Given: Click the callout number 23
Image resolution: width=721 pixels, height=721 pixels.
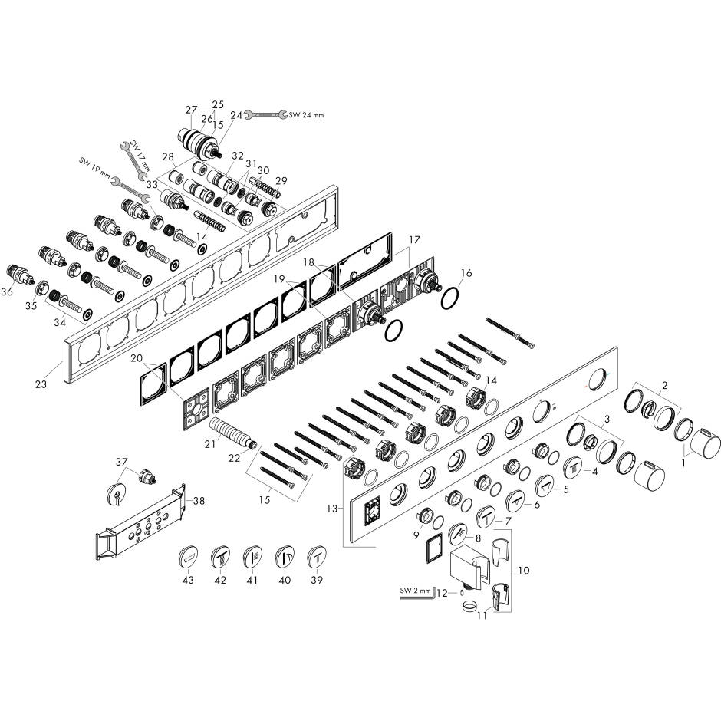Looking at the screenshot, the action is [41, 384].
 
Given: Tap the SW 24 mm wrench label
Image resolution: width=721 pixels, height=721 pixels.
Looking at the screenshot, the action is [306, 115].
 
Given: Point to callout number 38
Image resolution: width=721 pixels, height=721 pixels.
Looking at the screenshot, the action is [199, 501].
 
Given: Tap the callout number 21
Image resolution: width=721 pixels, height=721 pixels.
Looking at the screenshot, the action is [210, 445].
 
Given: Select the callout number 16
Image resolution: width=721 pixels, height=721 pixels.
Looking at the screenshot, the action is [466, 273].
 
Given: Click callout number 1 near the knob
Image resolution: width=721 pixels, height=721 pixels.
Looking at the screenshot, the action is [683, 463].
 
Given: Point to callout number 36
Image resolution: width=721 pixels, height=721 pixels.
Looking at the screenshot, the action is [7, 291].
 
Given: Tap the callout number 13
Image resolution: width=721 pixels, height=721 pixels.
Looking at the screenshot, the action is [332, 509].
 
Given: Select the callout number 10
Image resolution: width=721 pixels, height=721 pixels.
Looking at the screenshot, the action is [524, 571].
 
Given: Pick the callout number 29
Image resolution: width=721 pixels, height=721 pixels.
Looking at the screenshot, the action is [281, 181].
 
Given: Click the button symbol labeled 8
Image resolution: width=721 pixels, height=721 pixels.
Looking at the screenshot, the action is [457, 535].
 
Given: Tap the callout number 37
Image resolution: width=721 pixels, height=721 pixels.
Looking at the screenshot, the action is [121, 462].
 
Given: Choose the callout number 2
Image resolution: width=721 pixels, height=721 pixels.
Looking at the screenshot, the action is [664, 385].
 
